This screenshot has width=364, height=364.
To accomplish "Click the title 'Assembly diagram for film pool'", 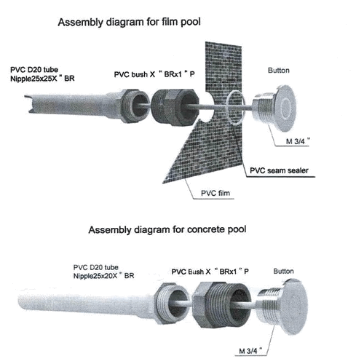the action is [x=129, y=23].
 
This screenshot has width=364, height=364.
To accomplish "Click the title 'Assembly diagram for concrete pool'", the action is [x=167, y=229].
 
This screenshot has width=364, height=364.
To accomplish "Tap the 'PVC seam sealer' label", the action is [x=279, y=170].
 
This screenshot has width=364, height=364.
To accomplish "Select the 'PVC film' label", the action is [x=215, y=193].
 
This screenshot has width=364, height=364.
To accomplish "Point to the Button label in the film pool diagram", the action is [x=279, y=71].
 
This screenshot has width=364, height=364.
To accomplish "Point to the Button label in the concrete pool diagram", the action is [x=283, y=271].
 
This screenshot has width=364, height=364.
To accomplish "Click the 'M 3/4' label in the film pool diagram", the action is [x=298, y=141].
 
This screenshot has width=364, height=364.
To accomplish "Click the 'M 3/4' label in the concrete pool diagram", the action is [x=250, y=351].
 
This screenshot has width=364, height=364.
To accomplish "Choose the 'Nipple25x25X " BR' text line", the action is [x=42, y=79].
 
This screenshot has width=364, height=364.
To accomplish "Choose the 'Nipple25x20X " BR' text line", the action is [x=103, y=276].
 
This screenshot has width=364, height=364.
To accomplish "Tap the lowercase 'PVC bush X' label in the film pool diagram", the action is [x=135, y=74].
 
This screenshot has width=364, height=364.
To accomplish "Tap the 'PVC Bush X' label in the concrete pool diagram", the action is [x=191, y=272].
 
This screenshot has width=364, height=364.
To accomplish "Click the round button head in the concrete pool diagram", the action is [x=295, y=307].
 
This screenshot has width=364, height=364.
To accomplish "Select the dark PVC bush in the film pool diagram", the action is [x=175, y=107].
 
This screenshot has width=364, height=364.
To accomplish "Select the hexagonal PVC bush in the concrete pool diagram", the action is [x=221, y=304].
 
